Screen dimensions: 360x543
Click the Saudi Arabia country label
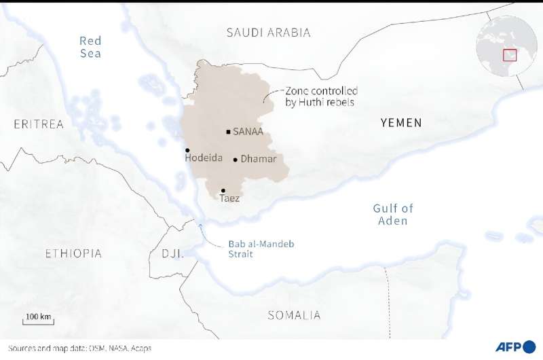click(x=269, y=33)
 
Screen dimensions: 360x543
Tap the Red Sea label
click(x=90, y=47)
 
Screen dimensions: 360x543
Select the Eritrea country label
click(x=39, y=124)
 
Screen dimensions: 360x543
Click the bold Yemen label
click(x=401, y=123)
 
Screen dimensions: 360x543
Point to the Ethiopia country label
click(x=73, y=254)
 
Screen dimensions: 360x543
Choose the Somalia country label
click(x=294, y=315)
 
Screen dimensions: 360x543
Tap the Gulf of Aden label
click(x=393, y=215)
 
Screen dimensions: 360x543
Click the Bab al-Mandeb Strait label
click(x=251, y=249)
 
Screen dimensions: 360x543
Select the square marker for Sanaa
click(x=228, y=132)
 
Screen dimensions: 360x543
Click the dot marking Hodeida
click(x=187, y=150)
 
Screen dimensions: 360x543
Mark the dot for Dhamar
click(x=236, y=160)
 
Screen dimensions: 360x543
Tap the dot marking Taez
click(x=223, y=191)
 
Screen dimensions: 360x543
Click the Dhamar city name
click(x=259, y=160)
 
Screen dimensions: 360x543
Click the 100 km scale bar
click(x=39, y=320)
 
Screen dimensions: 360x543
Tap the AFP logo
click(x=514, y=348)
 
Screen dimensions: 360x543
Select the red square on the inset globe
click(x=510, y=55)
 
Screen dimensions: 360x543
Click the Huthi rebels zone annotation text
click(x=320, y=96)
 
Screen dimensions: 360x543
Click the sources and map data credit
click(x=76, y=348)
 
